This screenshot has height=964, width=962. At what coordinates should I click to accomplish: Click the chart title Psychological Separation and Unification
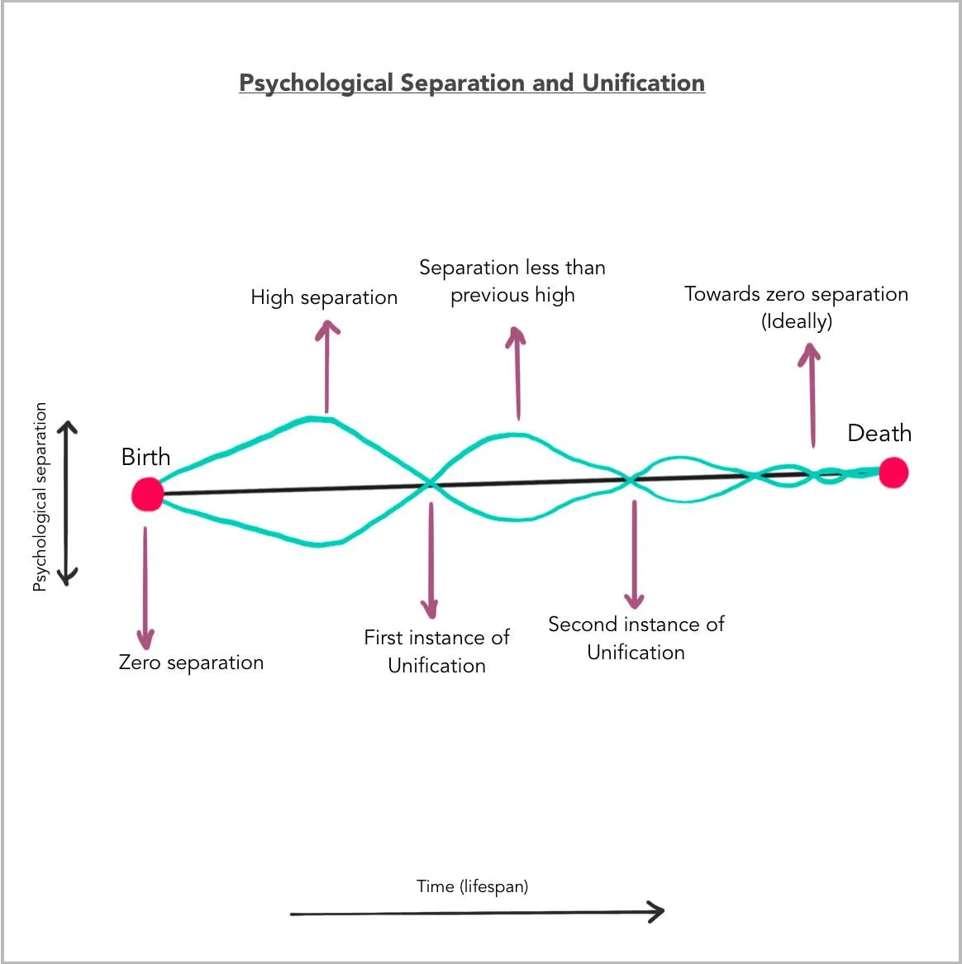click(472, 83)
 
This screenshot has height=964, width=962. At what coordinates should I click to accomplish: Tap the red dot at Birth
click(147, 494)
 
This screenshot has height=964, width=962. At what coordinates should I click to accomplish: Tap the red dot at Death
click(893, 473)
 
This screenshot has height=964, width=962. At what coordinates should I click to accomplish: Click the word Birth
click(145, 457)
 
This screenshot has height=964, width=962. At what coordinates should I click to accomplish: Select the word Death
click(879, 433)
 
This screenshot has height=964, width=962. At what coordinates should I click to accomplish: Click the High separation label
click(324, 297)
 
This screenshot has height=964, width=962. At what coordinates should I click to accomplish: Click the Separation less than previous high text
click(512, 281)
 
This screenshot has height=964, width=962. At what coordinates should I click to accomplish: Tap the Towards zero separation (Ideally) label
click(796, 307)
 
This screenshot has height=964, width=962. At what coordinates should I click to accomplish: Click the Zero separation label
click(191, 662)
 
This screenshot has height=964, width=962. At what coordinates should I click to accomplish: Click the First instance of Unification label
click(436, 651)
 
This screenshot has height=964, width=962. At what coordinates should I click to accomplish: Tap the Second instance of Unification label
click(636, 638)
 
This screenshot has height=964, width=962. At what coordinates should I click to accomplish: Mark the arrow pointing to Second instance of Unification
click(634, 553)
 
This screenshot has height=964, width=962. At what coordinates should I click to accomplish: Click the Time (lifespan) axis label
click(472, 886)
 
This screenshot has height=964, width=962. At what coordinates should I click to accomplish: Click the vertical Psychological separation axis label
click(40, 496)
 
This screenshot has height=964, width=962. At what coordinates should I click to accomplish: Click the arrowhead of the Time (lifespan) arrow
click(655, 912)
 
